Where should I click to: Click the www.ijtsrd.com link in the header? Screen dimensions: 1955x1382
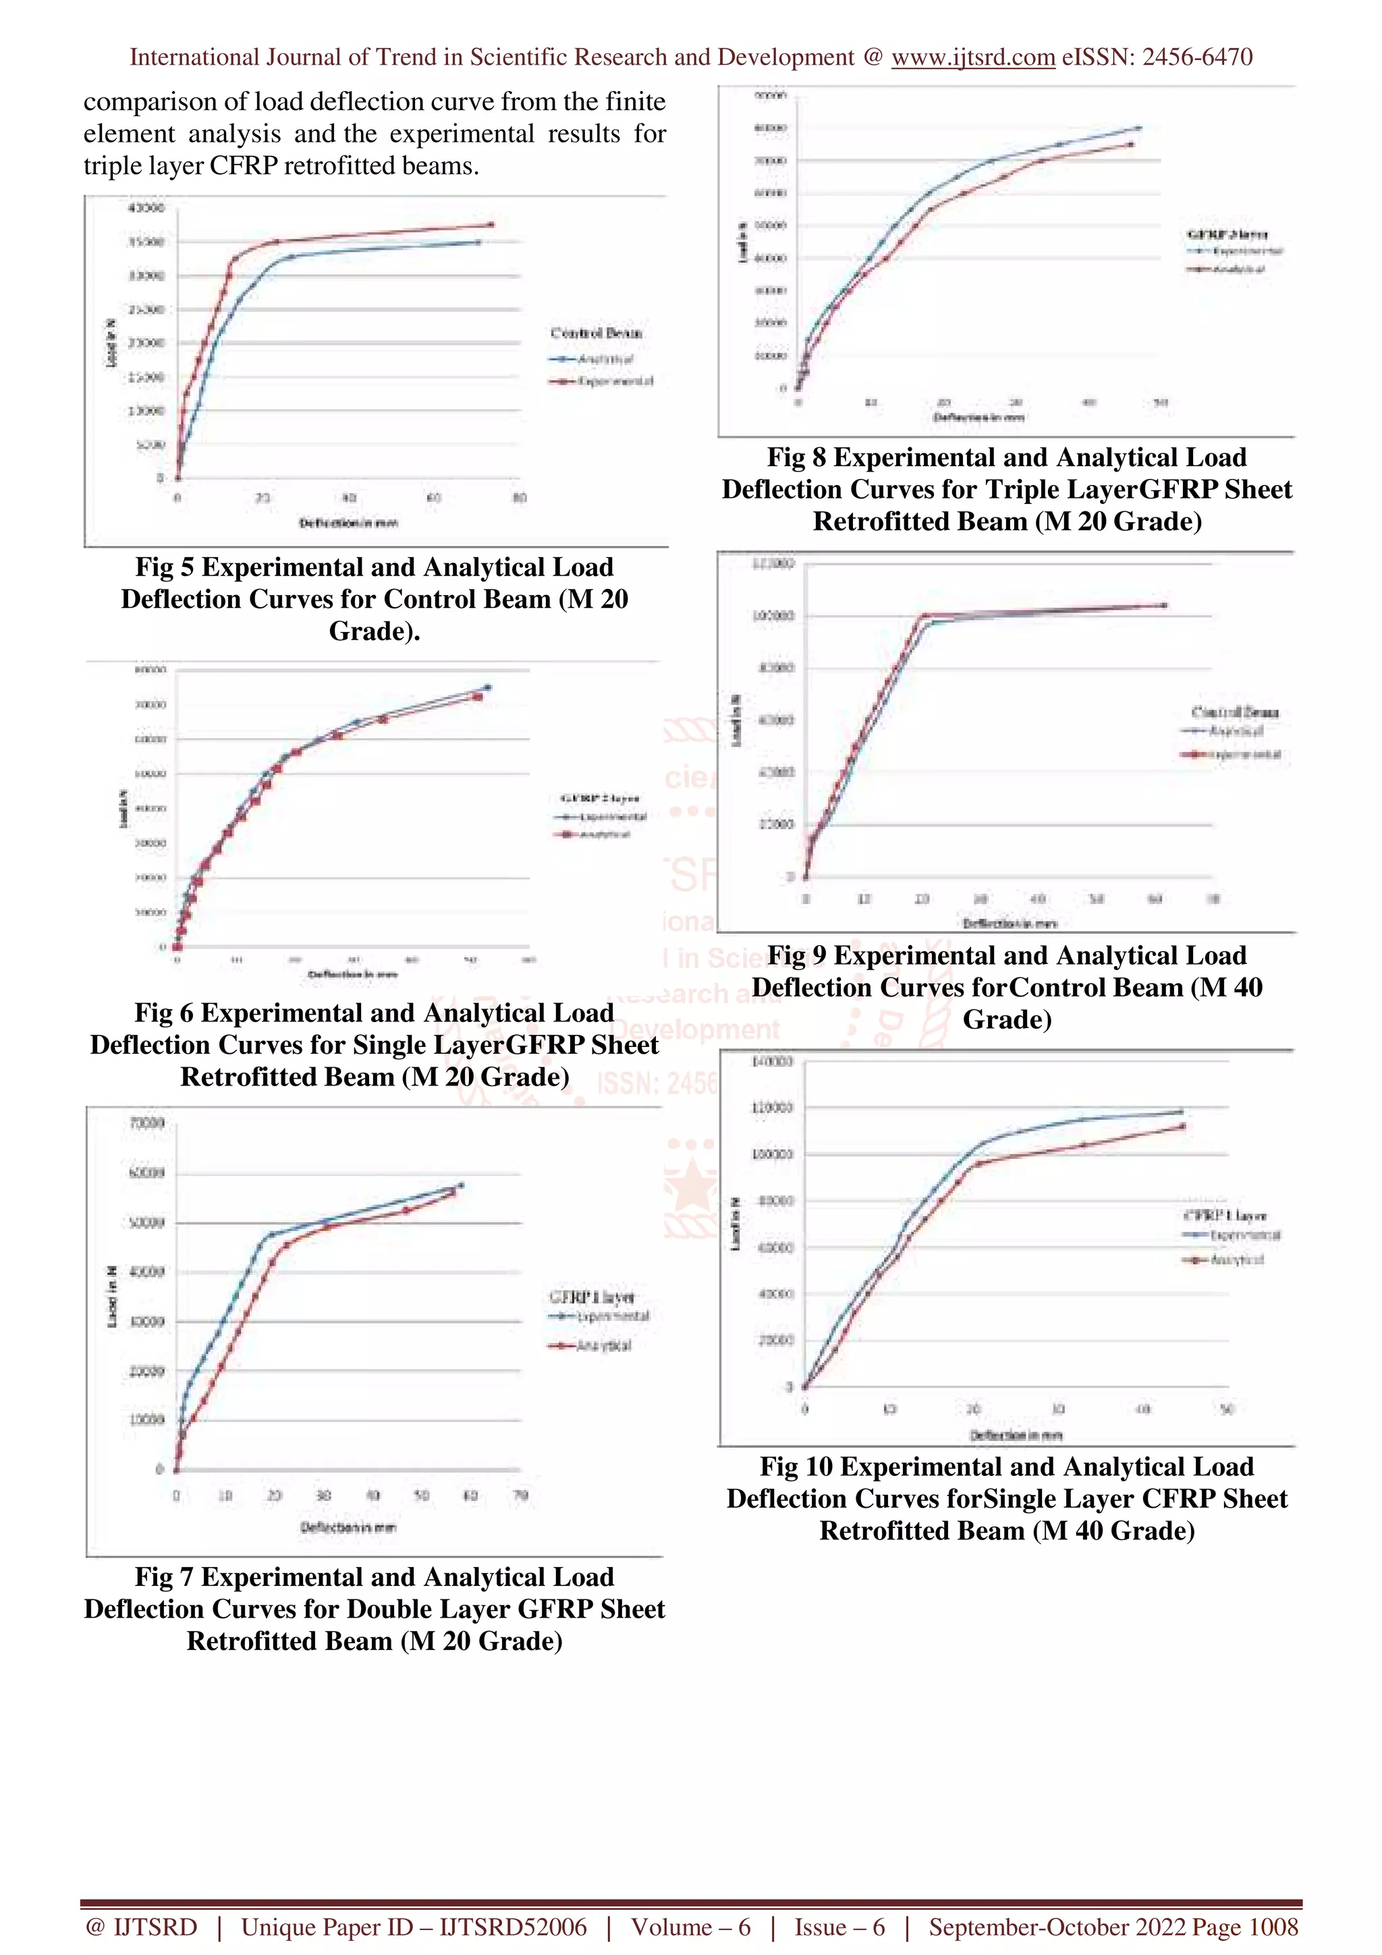coord(972,57)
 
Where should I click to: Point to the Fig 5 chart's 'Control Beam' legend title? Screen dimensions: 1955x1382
coord(596,333)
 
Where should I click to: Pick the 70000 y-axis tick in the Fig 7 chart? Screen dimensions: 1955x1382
coord(146,1123)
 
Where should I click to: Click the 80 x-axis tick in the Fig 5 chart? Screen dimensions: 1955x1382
coord(520,498)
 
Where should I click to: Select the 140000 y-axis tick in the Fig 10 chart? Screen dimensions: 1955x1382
coord(773,1062)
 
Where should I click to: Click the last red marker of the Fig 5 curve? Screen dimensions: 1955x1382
coord(491,225)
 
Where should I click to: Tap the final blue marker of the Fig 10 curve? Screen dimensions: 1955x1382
coord(1180,1112)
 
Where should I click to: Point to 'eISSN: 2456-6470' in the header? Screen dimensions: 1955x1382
coord(1157,57)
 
